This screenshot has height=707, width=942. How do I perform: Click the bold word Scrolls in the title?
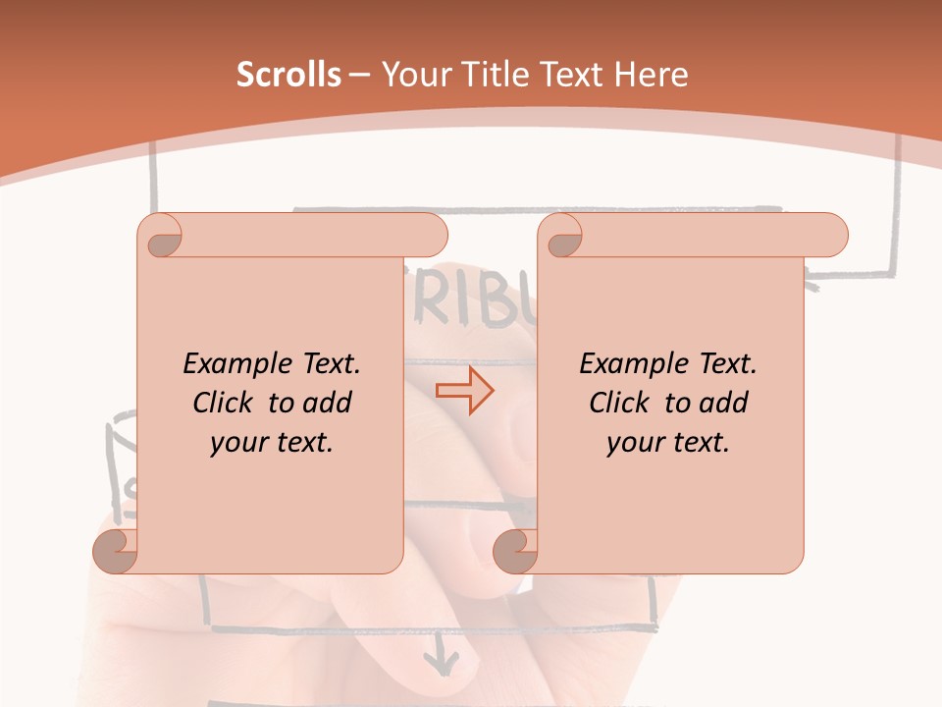[x=288, y=75]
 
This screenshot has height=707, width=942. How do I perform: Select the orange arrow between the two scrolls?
[x=464, y=390]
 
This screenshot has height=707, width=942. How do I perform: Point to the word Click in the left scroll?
[x=226, y=403]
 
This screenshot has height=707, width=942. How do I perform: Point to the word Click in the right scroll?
[x=622, y=403]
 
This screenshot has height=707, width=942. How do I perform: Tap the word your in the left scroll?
[x=236, y=443]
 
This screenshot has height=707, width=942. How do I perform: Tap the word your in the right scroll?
[x=633, y=443]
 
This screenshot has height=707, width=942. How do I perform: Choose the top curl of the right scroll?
[x=560, y=236]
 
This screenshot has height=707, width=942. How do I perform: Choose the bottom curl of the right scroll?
[x=515, y=551]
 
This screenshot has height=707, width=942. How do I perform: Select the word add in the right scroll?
[x=723, y=403]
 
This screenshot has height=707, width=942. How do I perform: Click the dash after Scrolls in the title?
[x=359, y=75]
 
